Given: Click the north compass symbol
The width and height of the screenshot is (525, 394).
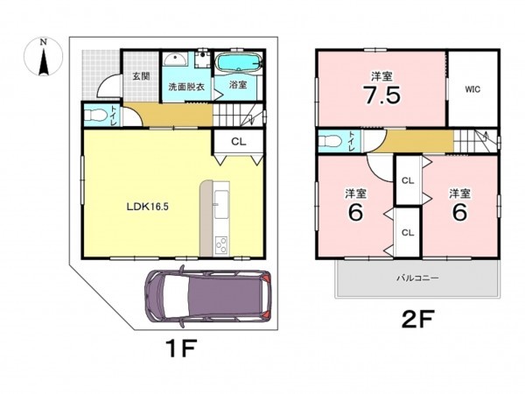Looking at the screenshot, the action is coord(43,57).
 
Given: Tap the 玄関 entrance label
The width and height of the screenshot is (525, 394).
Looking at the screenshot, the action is coord(141,76).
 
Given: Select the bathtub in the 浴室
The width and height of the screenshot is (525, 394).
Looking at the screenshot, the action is coord(239,62).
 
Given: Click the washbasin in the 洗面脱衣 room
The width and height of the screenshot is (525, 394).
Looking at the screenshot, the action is coord(176,60).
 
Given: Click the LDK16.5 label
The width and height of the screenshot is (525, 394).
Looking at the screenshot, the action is coord(147,207).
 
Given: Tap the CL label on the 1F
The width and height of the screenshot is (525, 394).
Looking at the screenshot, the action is coord(238,142).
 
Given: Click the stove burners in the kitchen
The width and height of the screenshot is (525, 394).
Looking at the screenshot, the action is coord(221,245).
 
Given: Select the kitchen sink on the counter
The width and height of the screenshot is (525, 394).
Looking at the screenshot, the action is coord(221,204).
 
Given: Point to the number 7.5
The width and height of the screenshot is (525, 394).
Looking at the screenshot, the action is coord(382,95).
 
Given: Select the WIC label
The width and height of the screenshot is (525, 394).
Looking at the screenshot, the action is coord(472,89).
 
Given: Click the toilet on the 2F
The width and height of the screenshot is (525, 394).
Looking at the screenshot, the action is coord(330,141).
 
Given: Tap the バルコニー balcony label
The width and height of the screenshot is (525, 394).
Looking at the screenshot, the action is coord(417,278).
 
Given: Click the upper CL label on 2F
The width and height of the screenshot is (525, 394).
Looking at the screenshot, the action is coord(408,181).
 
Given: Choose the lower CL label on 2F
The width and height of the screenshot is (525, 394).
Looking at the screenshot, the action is coord(408,233).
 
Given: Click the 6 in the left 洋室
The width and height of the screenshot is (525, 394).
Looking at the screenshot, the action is coord(355,212).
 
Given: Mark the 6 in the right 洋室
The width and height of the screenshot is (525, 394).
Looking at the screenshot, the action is coord(459,212).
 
